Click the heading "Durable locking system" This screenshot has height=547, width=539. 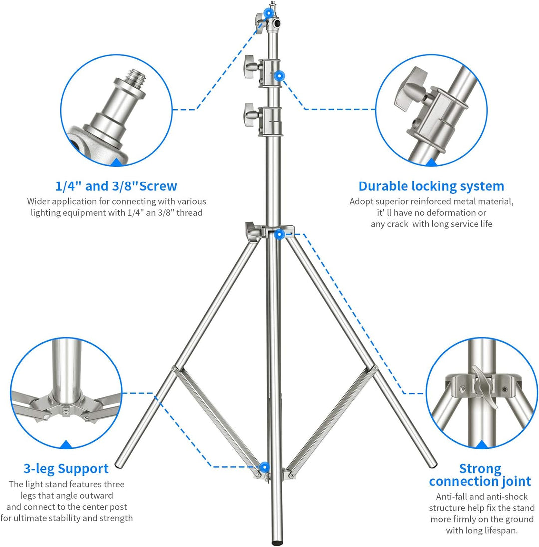[431, 186]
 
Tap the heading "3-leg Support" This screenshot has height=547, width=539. [66, 469]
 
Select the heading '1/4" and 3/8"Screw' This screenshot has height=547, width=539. [116, 186]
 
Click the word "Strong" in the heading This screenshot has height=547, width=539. [480, 468]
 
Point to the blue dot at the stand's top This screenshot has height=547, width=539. [268, 14]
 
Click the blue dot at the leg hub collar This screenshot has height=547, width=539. [279, 235]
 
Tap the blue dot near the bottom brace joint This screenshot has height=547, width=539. [265, 467]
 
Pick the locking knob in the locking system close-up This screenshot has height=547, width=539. [411, 88]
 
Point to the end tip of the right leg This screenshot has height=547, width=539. [433, 464]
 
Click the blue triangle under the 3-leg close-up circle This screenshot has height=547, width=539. [66, 444]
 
